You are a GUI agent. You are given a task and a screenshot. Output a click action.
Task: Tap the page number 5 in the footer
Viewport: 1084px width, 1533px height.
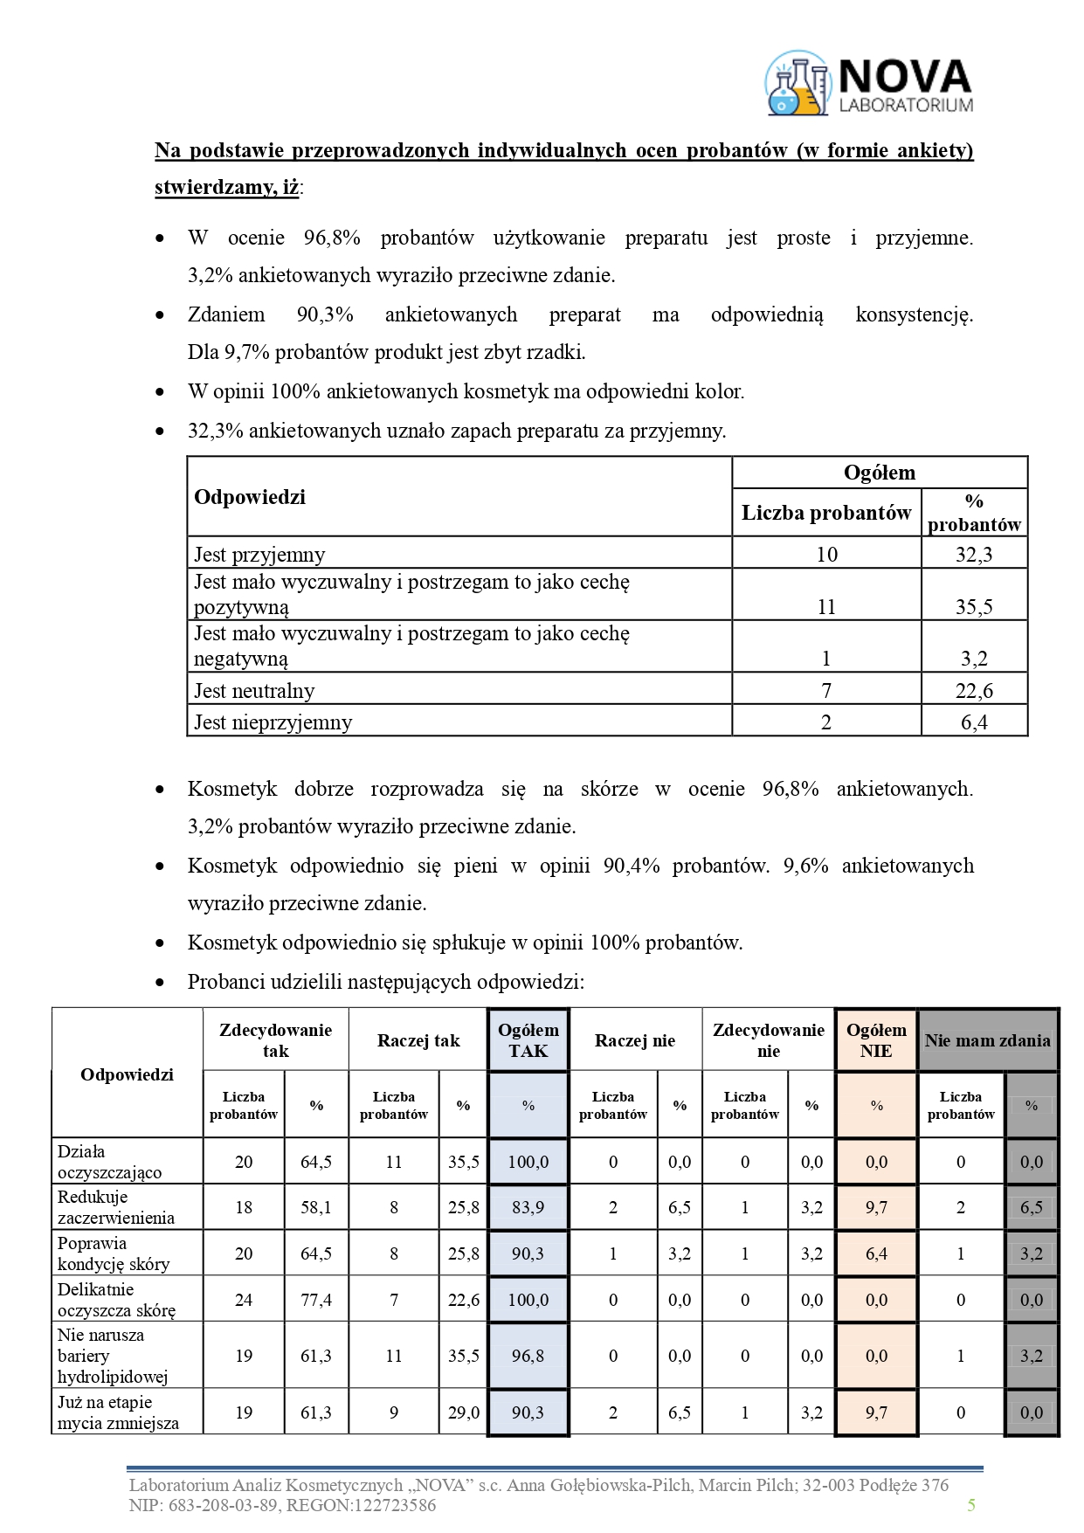(971, 1504)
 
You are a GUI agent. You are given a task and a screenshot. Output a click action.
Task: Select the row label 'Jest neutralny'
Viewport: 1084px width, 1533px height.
(254, 691)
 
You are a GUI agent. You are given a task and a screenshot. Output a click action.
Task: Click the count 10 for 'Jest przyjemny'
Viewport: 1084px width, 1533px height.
(826, 554)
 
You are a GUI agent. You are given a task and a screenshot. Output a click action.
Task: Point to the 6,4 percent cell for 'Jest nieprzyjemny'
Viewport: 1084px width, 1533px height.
(974, 722)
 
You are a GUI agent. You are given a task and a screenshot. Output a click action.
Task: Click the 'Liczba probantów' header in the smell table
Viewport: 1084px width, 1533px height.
(826, 513)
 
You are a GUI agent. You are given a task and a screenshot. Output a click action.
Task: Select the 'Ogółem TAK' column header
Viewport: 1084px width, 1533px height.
(528, 1040)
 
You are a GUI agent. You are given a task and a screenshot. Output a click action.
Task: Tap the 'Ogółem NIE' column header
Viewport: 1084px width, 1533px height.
(876, 1040)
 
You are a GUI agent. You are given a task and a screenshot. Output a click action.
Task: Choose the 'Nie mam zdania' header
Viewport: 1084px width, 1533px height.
(988, 1040)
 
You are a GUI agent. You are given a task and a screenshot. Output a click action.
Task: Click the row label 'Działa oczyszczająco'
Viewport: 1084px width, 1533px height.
(110, 1162)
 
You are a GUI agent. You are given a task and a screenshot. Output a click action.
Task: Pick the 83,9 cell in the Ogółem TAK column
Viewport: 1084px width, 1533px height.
(528, 1207)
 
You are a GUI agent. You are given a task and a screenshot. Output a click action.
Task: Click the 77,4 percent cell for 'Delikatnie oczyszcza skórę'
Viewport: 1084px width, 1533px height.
(316, 1300)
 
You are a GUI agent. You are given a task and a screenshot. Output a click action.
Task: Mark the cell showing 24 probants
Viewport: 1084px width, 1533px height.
(244, 1300)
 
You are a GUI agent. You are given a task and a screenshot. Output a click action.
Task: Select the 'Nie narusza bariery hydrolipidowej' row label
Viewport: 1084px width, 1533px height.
(113, 1356)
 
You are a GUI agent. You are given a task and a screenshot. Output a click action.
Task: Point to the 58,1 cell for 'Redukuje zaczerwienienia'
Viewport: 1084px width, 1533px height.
(316, 1207)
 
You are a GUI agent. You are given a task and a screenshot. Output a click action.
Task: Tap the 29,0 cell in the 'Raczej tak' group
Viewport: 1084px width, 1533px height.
(463, 1412)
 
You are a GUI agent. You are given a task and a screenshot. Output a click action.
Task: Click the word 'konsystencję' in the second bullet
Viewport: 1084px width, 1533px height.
(914, 314)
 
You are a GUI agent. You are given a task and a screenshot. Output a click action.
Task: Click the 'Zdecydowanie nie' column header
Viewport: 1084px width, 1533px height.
(769, 1040)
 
